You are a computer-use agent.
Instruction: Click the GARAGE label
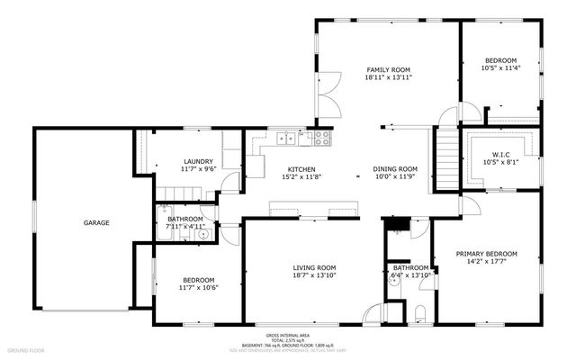click(97, 222)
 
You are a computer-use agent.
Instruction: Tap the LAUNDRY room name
click(198, 161)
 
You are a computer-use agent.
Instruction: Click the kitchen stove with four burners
click(321, 138)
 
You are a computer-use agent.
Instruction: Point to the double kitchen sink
click(287, 138)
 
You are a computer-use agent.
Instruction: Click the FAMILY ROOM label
click(388, 69)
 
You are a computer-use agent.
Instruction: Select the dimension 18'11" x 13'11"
click(388, 78)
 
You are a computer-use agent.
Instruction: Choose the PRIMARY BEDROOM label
click(486, 255)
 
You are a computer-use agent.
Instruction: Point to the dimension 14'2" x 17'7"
click(486, 263)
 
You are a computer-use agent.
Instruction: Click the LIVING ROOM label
click(314, 267)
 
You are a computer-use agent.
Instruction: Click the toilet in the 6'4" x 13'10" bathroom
click(421, 315)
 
